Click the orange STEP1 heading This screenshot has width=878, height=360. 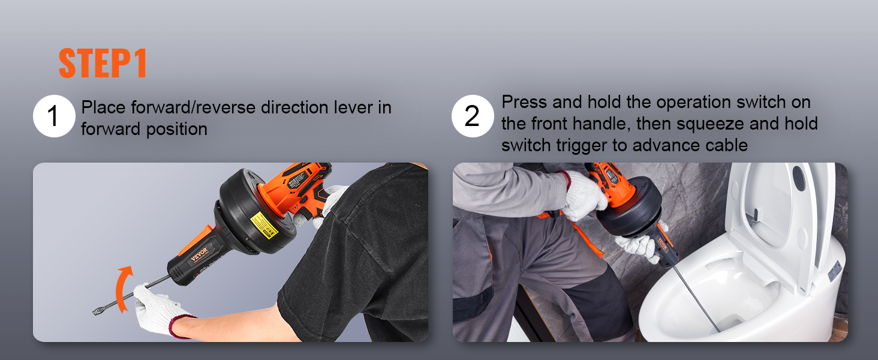point(103,63)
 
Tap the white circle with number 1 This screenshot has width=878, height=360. point(53,116)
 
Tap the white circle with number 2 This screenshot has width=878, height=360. point(472,116)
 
